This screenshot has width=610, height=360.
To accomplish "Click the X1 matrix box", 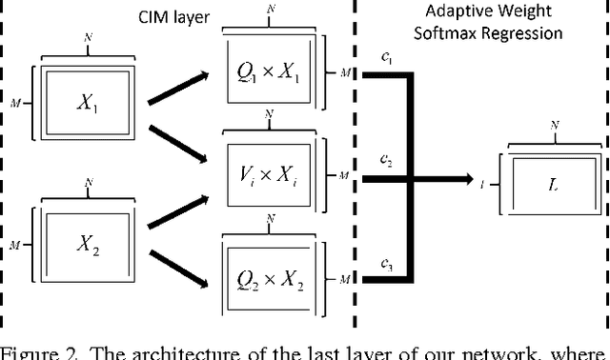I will tap(90, 107).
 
